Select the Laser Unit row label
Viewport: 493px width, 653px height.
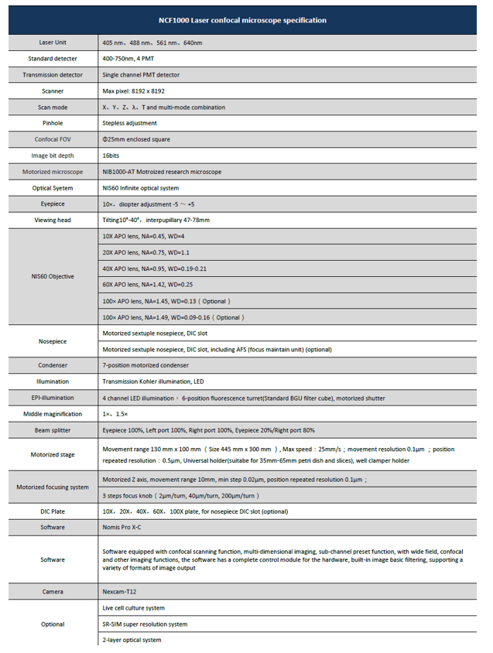52,43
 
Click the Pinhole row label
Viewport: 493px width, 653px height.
52,123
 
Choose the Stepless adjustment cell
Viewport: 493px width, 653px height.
129,123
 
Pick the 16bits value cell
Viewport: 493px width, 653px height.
112,156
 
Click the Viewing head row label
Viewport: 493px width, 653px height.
52,221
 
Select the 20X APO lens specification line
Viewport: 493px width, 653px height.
146,252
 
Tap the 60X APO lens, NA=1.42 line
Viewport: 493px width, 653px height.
148,285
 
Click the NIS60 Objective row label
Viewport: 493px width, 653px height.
52,276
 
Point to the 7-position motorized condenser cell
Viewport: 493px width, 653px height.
146,365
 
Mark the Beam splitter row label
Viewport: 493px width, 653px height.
52,429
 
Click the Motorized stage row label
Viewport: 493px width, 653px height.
52,455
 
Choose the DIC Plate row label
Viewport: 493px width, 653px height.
52,511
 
